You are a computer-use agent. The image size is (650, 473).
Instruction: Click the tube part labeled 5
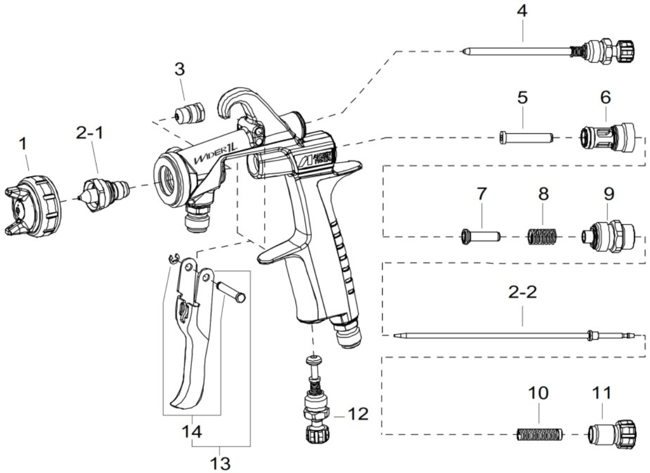[x=525, y=137]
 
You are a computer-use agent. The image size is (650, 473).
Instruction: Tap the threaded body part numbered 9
[x=604, y=236]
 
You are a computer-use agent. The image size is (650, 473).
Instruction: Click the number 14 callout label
[x=192, y=432]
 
